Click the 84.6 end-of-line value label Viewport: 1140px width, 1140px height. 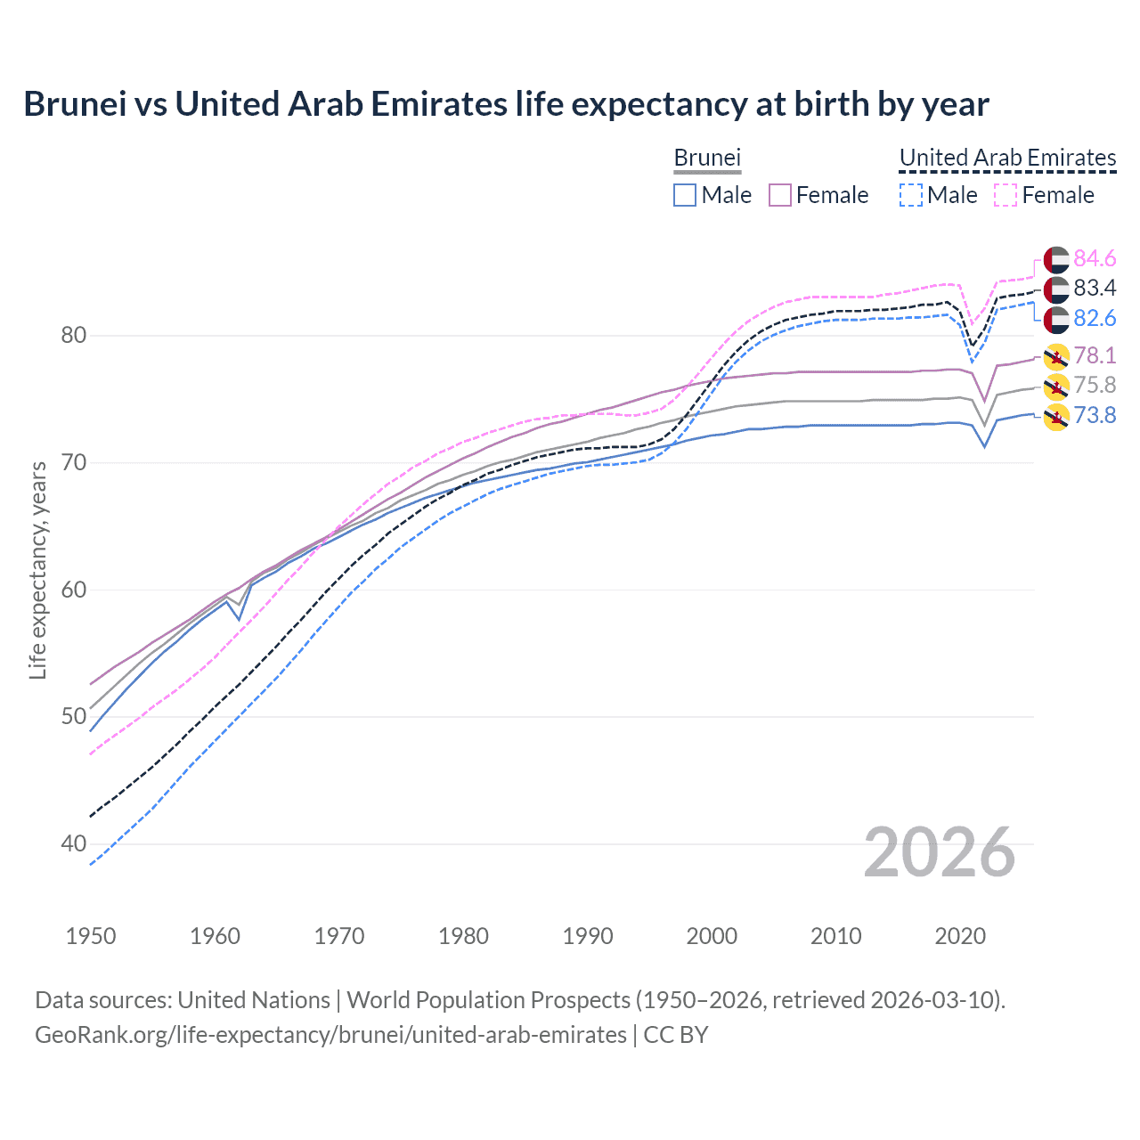coord(1095,258)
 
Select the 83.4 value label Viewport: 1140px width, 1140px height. coord(1095,288)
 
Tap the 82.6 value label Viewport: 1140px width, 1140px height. coord(1095,319)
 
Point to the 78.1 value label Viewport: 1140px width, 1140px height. coord(1095,355)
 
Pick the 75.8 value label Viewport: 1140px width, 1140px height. coord(1095,385)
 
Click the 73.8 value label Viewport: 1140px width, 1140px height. coord(1095,415)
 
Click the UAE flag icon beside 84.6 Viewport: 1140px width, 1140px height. coord(1056,259)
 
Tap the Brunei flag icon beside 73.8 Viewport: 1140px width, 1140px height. coord(1056,416)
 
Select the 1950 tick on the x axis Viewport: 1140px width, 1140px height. coord(91,936)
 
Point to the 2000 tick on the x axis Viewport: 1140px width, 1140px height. coord(712,936)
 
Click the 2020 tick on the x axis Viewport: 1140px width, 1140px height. coord(960,936)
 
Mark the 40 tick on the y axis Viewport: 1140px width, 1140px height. coord(74,843)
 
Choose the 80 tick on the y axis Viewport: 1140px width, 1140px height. coord(74,336)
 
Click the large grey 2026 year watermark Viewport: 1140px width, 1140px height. coord(940,852)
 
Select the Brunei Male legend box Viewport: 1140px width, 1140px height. coord(684,195)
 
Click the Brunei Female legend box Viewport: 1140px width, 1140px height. coord(780,195)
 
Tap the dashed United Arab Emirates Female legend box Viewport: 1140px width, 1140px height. coord(1006,195)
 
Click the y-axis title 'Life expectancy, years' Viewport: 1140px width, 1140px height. coord(37,570)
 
